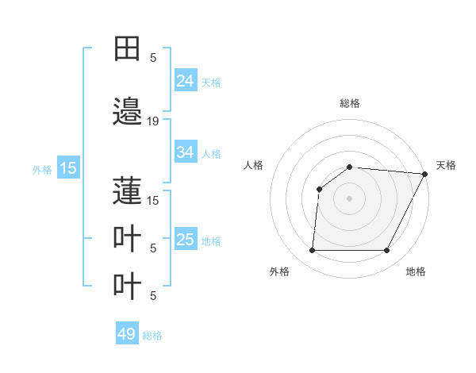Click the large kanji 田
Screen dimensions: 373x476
(x=127, y=49)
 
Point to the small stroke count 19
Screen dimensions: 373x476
(x=153, y=121)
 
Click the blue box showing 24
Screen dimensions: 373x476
(x=185, y=81)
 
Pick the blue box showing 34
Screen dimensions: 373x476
(x=185, y=152)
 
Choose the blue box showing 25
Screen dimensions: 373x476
(x=185, y=240)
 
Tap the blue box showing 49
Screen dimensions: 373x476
(x=127, y=334)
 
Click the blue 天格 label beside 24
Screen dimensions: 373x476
(x=211, y=82)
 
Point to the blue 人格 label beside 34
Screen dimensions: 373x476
(x=211, y=153)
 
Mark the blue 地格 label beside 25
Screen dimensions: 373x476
(x=211, y=240)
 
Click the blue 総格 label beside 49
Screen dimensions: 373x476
(x=152, y=335)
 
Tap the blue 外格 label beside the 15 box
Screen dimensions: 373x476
(x=42, y=168)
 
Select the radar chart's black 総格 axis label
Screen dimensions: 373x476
(x=349, y=103)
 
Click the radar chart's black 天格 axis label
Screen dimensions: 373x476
(x=446, y=165)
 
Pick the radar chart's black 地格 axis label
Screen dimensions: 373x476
(x=416, y=271)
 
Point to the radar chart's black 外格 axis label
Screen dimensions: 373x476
(x=279, y=271)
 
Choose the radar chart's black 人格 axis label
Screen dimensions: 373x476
(x=253, y=165)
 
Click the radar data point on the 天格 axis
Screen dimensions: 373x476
(x=425, y=174)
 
